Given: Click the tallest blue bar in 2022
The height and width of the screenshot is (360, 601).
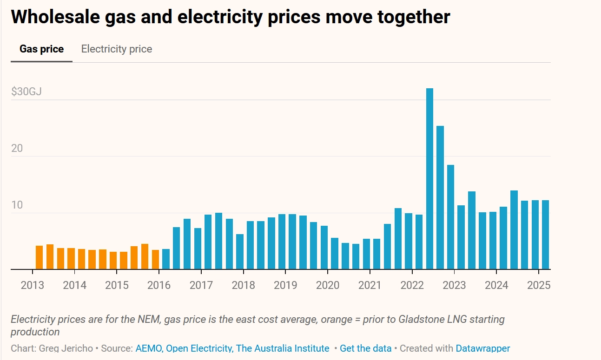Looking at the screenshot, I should coord(429,179).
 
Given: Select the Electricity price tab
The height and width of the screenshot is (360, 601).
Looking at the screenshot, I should coord(117,49).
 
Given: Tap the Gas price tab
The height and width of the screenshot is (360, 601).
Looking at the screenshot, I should coord(41,49).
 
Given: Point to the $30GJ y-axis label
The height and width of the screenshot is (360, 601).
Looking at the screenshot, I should coord(26,92).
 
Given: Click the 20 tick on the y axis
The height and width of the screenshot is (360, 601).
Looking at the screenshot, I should coord(17,148).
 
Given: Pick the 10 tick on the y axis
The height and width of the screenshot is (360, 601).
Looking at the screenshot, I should coord(17,205).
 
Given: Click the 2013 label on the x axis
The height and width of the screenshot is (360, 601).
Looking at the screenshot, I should coord(33,285).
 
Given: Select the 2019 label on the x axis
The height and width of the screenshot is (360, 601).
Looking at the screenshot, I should coord(285,285).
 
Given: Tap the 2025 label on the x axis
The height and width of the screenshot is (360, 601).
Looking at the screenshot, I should coord(539,285).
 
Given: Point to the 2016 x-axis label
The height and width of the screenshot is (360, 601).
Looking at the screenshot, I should coord(159,285).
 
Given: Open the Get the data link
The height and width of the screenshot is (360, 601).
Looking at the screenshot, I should coord(365,348).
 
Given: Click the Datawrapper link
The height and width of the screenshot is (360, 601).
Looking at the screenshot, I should coord(482,348).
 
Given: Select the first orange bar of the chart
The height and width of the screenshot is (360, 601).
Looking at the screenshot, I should coord(39,257).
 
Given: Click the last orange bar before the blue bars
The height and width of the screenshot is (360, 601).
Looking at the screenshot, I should coord(155,260).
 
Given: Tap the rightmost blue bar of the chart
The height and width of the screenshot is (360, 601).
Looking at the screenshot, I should coord(546,235).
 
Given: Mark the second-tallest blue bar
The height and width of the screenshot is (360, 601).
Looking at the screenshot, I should coord(440,197).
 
